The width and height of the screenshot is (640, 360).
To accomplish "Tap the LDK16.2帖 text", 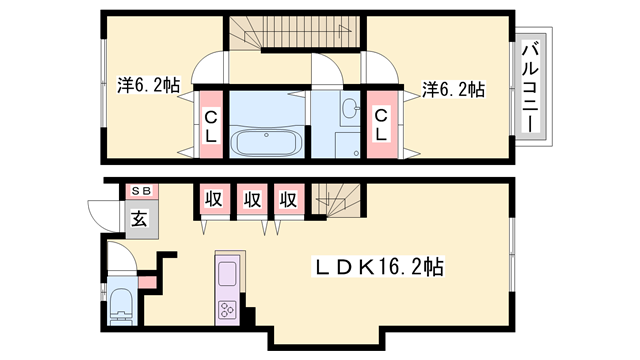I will (379, 267).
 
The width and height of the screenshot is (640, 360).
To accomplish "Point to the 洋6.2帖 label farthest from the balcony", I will (148, 87).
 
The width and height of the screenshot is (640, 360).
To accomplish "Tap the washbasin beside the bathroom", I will (349, 109).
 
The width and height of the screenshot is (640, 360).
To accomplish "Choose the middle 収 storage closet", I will (251, 199).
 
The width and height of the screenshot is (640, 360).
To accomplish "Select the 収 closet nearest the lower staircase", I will (289, 199).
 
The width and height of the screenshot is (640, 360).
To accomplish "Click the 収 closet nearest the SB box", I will (213, 199).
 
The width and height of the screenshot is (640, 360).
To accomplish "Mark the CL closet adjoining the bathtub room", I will (212, 125).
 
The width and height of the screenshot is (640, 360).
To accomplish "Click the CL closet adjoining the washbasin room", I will (381, 125).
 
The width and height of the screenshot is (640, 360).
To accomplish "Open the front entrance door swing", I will (102, 213).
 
